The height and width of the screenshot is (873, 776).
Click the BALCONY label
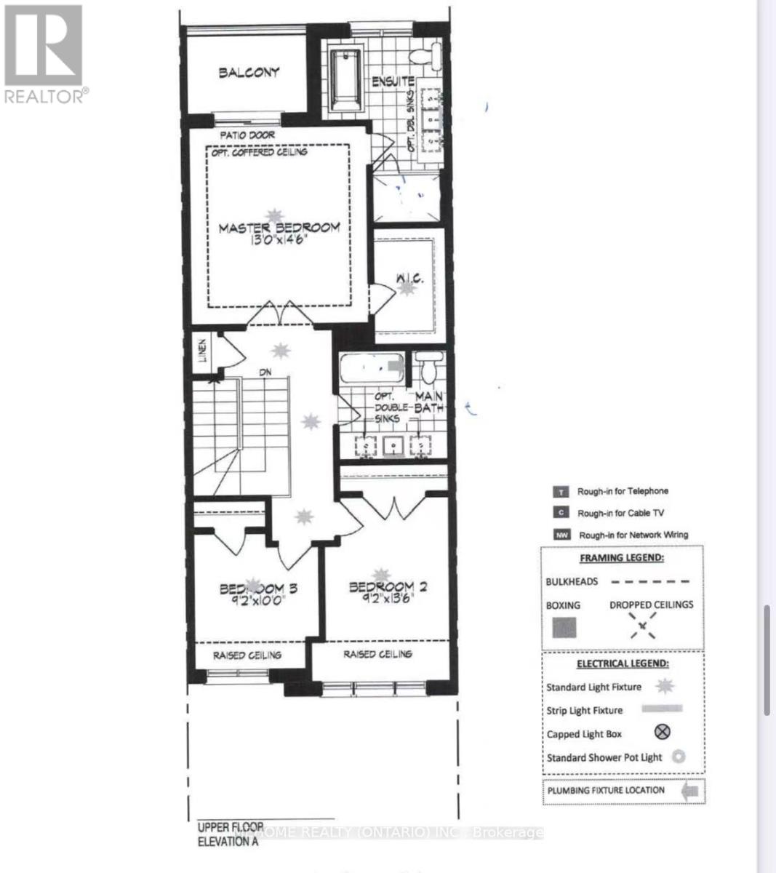coord(249,72)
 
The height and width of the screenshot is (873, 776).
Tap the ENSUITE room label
coord(393,81)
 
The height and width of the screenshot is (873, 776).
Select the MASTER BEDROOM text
coord(279,228)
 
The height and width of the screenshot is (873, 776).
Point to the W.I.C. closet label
coord(409,279)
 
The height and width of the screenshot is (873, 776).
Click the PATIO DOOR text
coord(247,135)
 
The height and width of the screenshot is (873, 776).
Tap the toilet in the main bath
coord(429,367)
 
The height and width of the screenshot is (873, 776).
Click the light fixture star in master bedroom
coord(275,215)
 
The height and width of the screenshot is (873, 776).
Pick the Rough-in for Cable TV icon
coord(561,513)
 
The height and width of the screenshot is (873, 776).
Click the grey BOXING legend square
coord(564,627)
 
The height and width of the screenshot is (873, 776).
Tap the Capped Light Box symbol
coord(662,733)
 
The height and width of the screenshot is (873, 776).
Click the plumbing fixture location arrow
coord(690,791)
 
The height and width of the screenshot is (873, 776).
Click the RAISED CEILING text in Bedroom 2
coord(377,654)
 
